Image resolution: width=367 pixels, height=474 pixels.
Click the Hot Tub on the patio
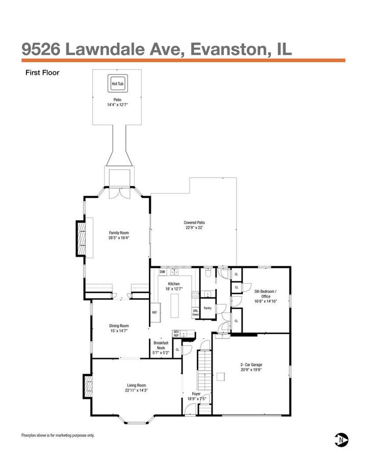[x=118, y=83]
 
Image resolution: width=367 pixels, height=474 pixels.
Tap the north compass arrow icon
[x=342, y=439]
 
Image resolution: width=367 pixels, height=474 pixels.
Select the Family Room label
[x=119, y=233]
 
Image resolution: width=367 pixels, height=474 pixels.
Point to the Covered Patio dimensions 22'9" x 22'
[x=194, y=228]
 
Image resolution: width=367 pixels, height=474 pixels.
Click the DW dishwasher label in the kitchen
[x=163, y=272]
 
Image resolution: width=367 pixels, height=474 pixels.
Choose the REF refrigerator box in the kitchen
[x=155, y=313]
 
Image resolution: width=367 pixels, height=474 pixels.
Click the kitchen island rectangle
[x=174, y=305]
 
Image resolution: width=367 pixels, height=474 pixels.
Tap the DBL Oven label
[x=195, y=313]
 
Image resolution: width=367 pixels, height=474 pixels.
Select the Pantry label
[x=207, y=308]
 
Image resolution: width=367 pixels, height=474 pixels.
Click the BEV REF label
[x=176, y=333]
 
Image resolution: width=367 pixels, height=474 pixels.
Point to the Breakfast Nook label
[x=161, y=345]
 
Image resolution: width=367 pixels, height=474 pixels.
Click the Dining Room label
[x=119, y=326]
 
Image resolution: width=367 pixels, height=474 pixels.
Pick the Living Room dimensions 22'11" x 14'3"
[x=137, y=391]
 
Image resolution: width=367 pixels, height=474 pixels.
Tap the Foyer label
[x=196, y=394]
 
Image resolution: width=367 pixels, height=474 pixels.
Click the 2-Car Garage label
[x=251, y=365]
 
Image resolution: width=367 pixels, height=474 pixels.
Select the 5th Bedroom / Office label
[x=266, y=294]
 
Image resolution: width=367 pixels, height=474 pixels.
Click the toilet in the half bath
[x=208, y=272]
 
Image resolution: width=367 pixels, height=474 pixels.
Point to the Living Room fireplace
[x=88, y=386]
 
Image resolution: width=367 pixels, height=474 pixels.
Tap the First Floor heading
[x=42, y=72]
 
